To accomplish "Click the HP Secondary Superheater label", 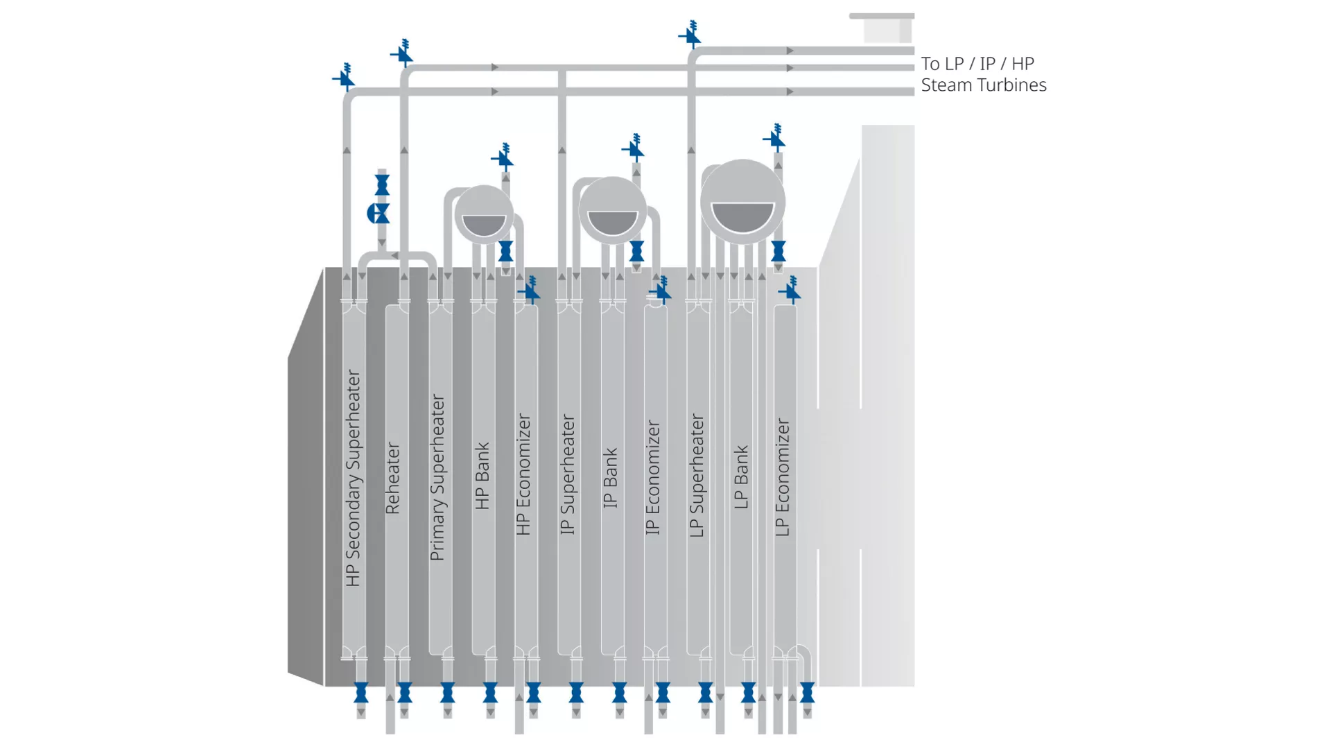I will [353, 478].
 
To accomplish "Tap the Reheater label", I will [392, 478].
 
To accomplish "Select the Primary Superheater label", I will [437, 478].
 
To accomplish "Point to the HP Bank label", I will [482, 476].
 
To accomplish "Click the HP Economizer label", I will [523, 475].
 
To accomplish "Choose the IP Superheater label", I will [567, 475].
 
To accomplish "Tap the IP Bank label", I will [610, 478].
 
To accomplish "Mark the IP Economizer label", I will [652, 477].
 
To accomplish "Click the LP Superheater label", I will [697, 476].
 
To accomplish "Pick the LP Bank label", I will [741, 477].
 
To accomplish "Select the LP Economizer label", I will [782, 477].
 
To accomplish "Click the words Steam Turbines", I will [983, 85].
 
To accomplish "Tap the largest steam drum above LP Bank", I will [742, 202].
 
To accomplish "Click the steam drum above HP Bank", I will [484, 214].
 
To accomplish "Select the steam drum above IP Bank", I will [612, 209].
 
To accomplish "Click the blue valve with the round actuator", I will [379, 214].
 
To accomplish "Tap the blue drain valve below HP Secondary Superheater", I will [361, 692].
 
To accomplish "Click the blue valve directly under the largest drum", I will [778, 251].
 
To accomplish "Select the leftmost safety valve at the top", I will [345, 78].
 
